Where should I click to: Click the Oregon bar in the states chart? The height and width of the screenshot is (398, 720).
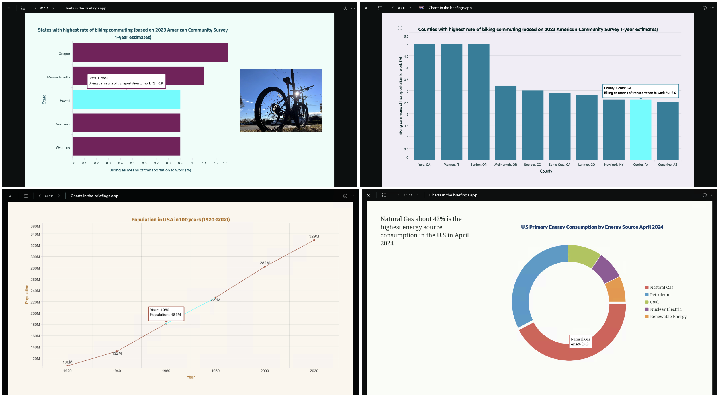point(150,52)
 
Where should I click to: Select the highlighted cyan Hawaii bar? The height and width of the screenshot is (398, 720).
point(126,99)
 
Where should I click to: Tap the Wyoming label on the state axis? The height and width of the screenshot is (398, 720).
point(63,148)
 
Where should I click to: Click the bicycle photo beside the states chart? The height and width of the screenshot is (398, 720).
point(281,100)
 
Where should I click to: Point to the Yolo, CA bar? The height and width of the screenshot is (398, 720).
point(424,102)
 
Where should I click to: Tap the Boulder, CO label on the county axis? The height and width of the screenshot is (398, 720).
point(532,165)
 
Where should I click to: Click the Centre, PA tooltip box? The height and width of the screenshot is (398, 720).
point(640,91)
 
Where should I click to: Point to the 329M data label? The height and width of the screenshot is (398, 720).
point(314,236)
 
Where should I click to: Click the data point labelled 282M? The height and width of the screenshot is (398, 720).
point(265,267)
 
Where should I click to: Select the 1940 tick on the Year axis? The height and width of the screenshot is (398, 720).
point(117,371)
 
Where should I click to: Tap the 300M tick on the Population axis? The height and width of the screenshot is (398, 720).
point(35,257)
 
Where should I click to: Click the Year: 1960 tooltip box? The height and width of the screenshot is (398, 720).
point(166,314)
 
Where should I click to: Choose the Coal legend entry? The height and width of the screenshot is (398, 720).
point(654,302)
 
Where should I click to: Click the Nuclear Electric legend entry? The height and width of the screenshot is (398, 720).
point(666,309)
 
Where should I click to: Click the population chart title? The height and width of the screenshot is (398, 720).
point(180,220)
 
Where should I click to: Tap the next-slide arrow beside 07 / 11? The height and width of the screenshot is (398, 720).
point(418,195)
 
